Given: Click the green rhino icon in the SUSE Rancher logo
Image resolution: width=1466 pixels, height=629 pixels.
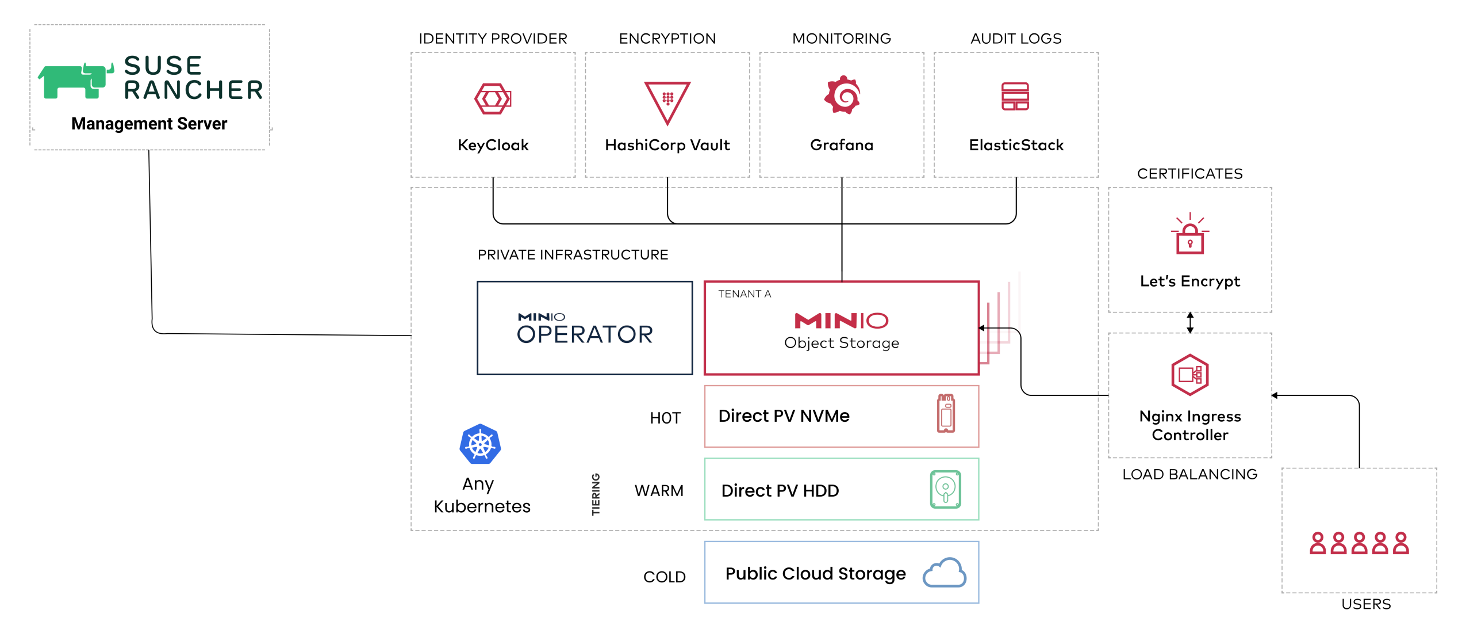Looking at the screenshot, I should pos(74,81).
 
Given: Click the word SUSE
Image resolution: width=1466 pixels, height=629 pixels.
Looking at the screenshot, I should pos(163,66).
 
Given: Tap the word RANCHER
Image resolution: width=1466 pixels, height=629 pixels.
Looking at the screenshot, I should pos(193,90).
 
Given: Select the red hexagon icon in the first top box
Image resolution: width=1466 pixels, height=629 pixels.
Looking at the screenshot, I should pos(493,98).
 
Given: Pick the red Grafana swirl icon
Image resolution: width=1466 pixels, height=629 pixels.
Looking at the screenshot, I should pos(842,95).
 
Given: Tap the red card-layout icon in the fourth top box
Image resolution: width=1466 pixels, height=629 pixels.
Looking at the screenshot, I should pos(1015,96).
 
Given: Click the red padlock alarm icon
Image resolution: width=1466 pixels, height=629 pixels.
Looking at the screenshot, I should pos(1189,235).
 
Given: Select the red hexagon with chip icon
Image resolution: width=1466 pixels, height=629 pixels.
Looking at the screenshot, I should pos(1190,375).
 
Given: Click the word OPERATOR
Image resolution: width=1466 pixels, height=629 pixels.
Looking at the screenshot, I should pos(585,334).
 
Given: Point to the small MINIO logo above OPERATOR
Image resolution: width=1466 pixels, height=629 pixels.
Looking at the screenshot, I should pos(542,317).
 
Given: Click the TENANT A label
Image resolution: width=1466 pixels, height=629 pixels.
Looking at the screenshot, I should pos(744,294).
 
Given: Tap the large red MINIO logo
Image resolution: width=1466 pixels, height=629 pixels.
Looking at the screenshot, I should pos(841,321).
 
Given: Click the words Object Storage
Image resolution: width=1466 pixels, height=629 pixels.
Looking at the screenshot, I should pos(841,343).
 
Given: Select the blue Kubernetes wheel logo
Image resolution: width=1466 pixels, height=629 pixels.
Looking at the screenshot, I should pos(480,444).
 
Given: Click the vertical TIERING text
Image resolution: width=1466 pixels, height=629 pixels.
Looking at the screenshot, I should pos(596,494).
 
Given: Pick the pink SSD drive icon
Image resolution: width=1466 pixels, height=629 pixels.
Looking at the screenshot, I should pos(946,413).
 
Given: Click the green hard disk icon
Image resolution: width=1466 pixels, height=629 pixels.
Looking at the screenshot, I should pos(946,489).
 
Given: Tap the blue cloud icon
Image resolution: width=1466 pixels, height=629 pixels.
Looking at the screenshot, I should pos(945,573).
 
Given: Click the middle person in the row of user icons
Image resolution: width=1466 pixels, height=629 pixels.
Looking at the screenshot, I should pos(1359,543).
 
